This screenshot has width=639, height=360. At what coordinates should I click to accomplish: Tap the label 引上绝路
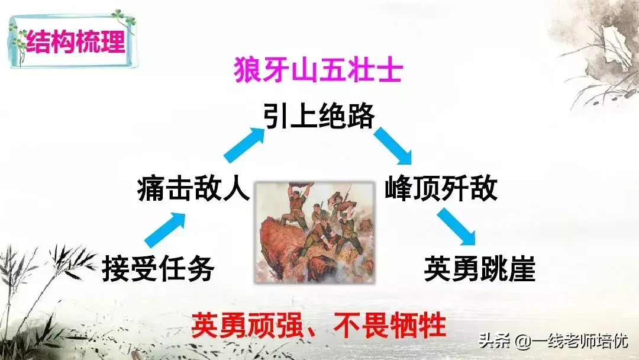[319, 115]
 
